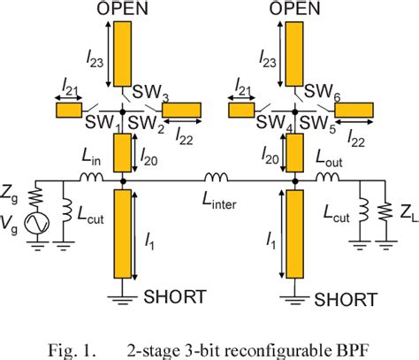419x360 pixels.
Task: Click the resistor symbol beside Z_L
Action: point(385,213)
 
